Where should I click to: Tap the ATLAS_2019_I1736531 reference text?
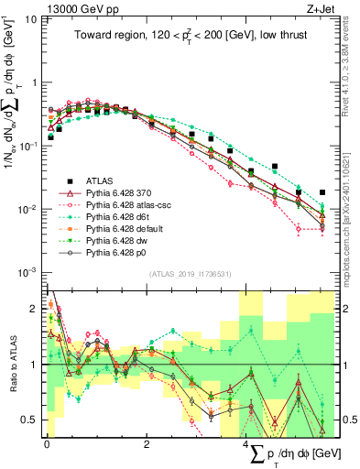click(x=190, y=274)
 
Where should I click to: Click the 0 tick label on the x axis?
click(x=46, y=443)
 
